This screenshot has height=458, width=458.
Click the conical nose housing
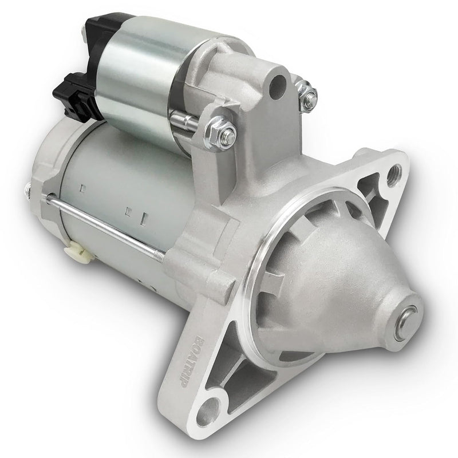[x=343, y=275]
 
